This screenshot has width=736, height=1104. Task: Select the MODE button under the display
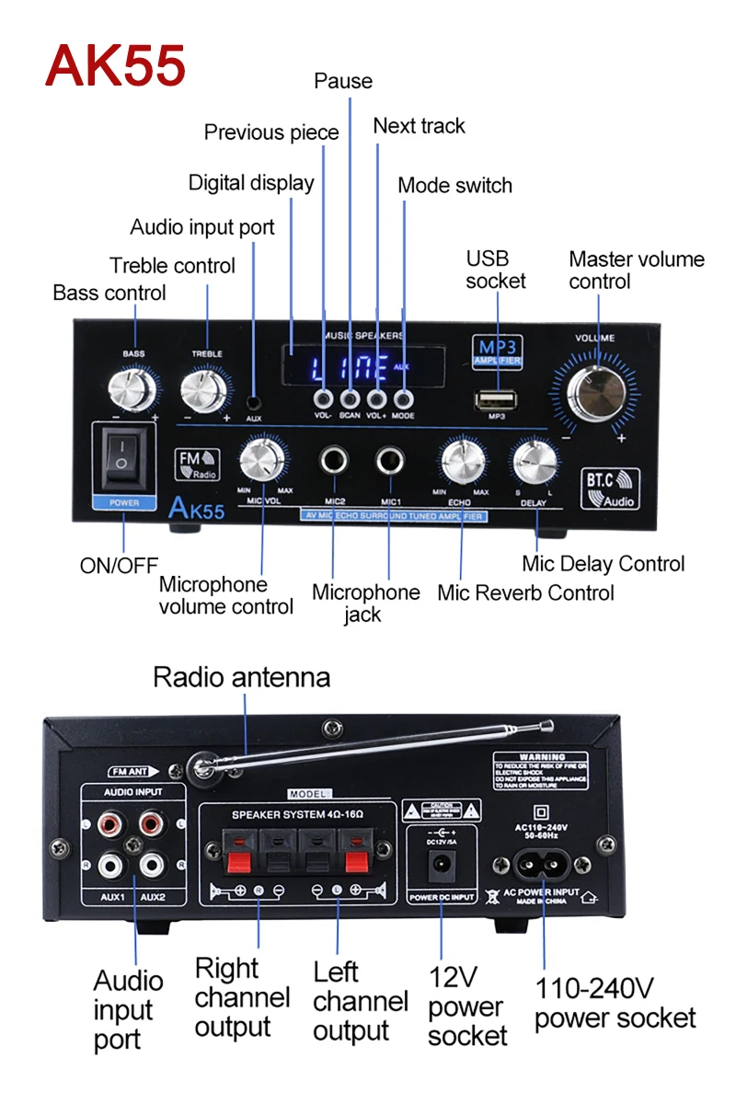403,398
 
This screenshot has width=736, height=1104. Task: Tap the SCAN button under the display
350,398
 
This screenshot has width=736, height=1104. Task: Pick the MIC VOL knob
262,461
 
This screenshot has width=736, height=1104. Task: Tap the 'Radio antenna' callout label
241,678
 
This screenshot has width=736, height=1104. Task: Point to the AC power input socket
544,866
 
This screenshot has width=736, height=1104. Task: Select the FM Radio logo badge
195,464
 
